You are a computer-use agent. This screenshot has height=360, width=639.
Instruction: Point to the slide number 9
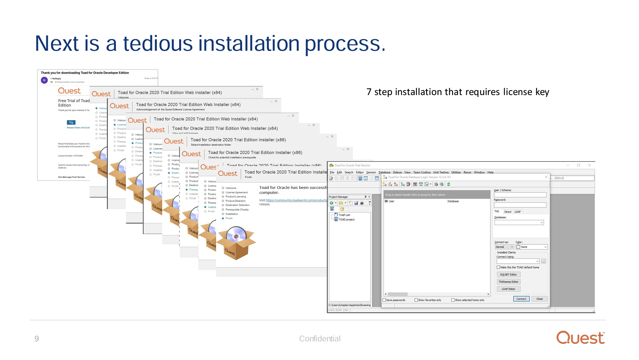[37, 338]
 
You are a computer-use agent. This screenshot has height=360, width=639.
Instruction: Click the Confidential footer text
[319, 338]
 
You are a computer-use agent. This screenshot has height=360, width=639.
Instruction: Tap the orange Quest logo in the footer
[580, 338]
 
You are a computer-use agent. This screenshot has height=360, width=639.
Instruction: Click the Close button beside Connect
[539, 299]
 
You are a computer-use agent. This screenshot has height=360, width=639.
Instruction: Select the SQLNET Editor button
[508, 275]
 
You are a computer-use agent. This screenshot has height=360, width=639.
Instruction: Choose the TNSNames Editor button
[508, 282]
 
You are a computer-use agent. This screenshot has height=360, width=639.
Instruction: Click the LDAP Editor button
[508, 289]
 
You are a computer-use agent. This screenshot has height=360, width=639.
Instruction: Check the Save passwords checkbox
[384, 300]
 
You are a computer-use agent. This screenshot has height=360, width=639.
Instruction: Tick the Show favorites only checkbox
[416, 300]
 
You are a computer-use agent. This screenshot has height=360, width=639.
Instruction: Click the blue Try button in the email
[71, 122]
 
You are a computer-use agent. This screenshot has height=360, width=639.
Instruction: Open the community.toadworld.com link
[296, 200]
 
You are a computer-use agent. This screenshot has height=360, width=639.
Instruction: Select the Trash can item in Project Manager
[344, 215]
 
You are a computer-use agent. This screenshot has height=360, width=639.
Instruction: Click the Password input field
[520, 205]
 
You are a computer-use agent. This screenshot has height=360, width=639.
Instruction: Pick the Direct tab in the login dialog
[507, 212]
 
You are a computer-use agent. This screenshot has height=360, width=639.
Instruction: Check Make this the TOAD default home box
[498, 267]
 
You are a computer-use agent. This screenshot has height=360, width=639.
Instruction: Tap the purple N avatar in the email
[44, 80]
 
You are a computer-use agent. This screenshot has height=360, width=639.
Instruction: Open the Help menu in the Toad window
[490, 172]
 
